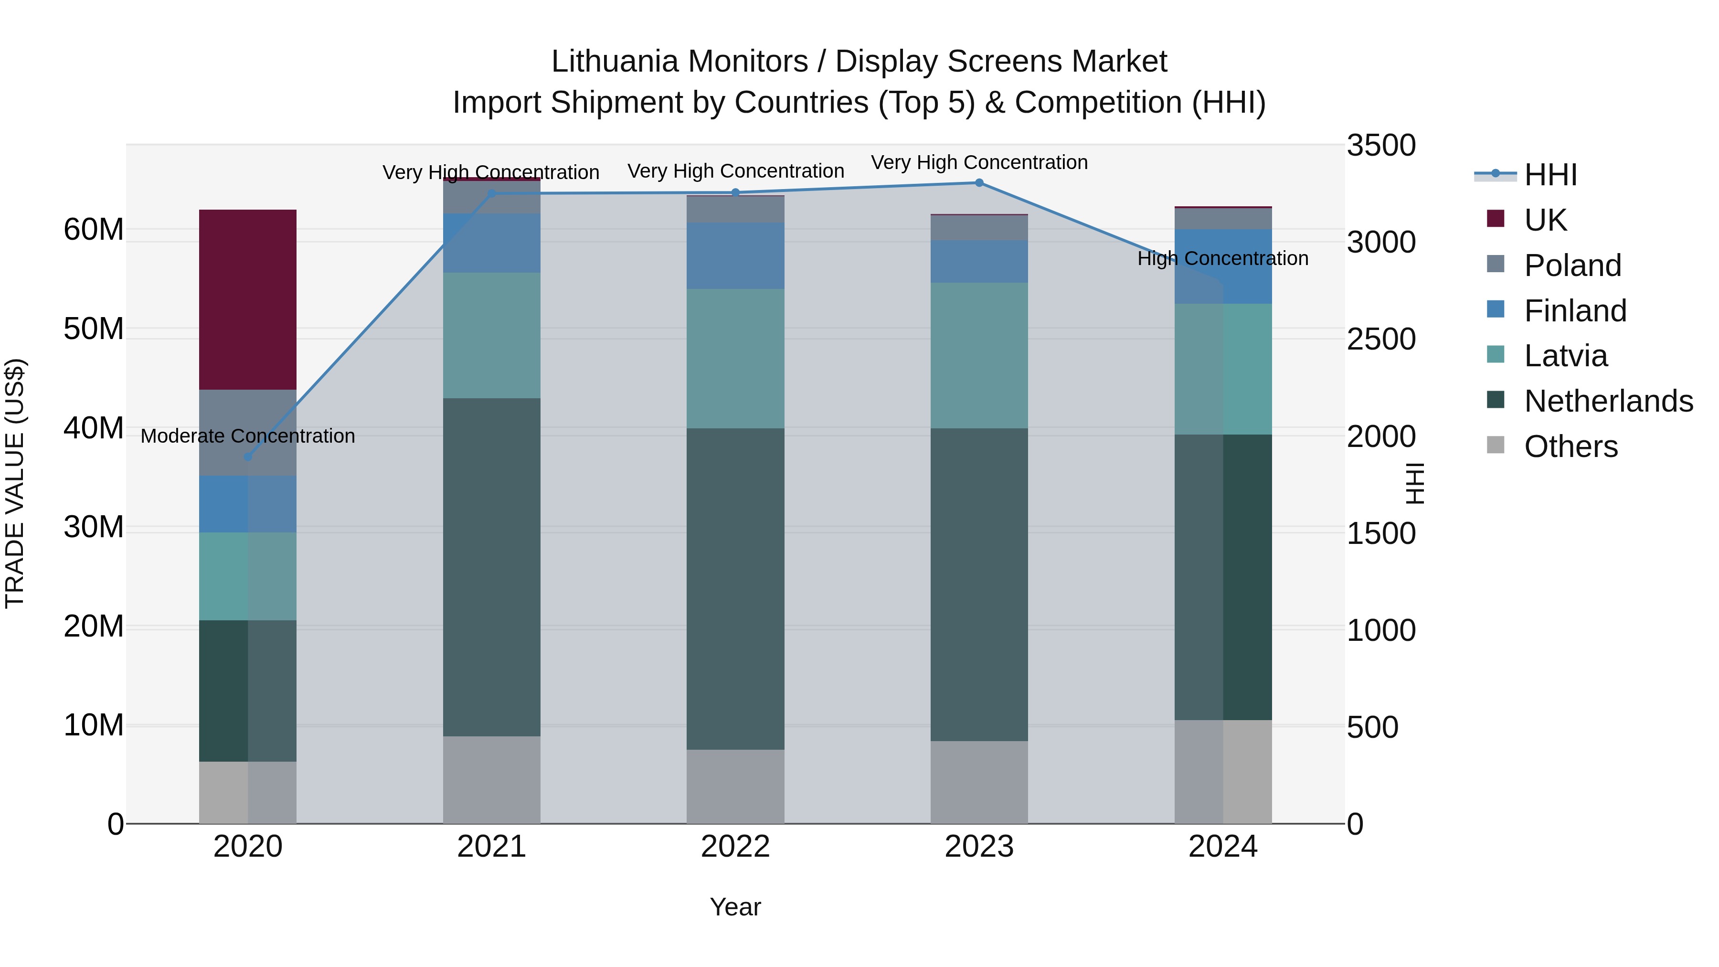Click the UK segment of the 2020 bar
[247, 299]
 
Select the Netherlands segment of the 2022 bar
[735, 589]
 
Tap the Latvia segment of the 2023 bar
[979, 355]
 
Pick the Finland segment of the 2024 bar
[1223, 266]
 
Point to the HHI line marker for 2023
[979, 183]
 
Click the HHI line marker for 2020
[247, 457]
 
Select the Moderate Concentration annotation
[247, 436]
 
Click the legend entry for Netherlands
[1608, 402]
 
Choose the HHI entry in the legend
[1550, 175]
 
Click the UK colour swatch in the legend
[1496, 219]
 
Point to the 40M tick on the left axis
[94, 428]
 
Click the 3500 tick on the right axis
[1380, 146]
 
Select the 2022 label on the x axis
[735, 847]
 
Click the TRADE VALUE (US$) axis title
[15, 483]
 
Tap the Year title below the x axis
[735, 907]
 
